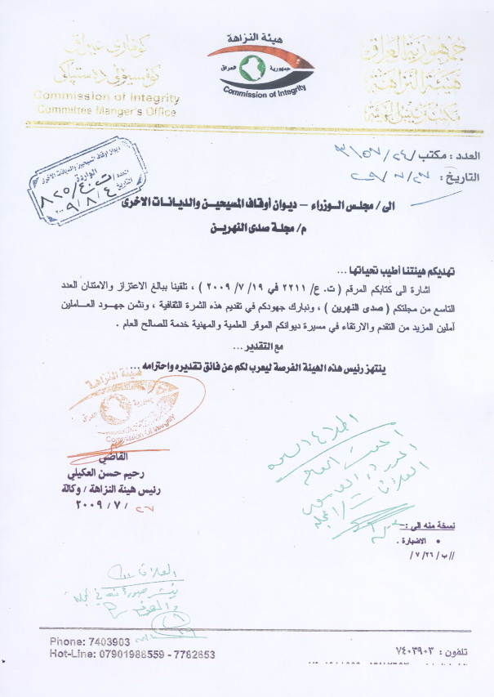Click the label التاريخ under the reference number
463,176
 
